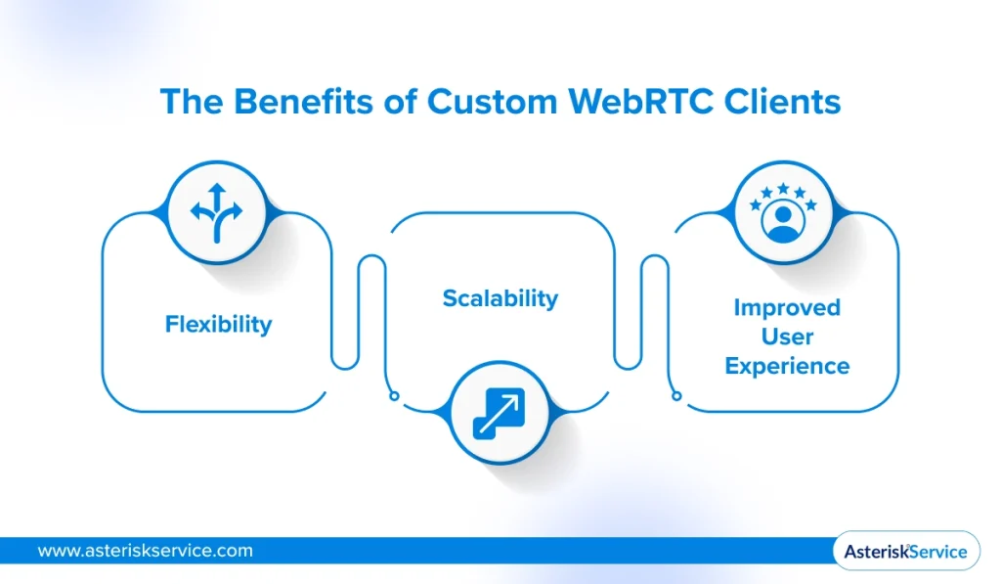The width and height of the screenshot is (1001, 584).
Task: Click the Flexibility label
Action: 218,324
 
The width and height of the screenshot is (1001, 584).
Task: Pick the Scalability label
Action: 500,298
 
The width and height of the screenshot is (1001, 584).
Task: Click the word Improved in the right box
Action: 787,307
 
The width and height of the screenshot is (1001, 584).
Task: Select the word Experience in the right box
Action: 787,367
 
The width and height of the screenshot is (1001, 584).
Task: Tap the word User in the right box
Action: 787,337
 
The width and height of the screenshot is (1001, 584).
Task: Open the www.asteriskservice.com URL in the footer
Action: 145,551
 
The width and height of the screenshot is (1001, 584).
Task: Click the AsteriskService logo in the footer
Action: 905,551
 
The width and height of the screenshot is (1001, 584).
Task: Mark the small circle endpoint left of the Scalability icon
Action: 393,396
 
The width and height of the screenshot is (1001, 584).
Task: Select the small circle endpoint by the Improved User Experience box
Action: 675,396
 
